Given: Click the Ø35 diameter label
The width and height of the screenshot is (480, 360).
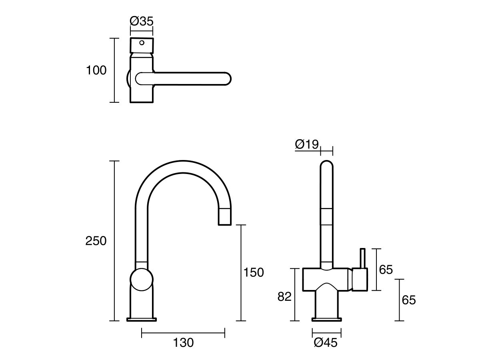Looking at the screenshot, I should pyautogui.click(x=142, y=21).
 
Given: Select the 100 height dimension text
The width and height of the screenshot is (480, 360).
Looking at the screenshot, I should pyautogui.click(x=96, y=70).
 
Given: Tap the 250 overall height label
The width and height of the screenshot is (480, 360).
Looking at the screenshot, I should pyautogui.click(x=96, y=241).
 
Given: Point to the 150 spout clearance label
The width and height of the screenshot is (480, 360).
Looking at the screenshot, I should pyautogui.click(x=254, y=272).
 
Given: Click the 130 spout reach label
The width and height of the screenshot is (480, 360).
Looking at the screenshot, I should pyautogui.click(x=183, y=342).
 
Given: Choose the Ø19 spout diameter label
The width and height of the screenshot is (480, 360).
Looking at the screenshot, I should pyautogui.click(x=307, y=144).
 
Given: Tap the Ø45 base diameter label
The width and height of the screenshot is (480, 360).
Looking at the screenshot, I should pyautogui.click(x=326, y=343).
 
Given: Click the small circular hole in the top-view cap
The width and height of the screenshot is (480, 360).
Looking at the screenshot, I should pyautogui.click(x=142, y=42).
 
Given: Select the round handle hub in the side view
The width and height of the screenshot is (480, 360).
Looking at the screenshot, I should pyautogui.click(x=142, y=279).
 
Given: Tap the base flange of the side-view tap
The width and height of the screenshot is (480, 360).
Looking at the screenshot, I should pyautogui.click(x=142, y=319).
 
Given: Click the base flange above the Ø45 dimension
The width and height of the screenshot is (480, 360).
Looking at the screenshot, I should pyautogui.click(x=327, y=319).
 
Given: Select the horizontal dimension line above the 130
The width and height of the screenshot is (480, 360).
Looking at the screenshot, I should pyautogui.click(x=183, y=332).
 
